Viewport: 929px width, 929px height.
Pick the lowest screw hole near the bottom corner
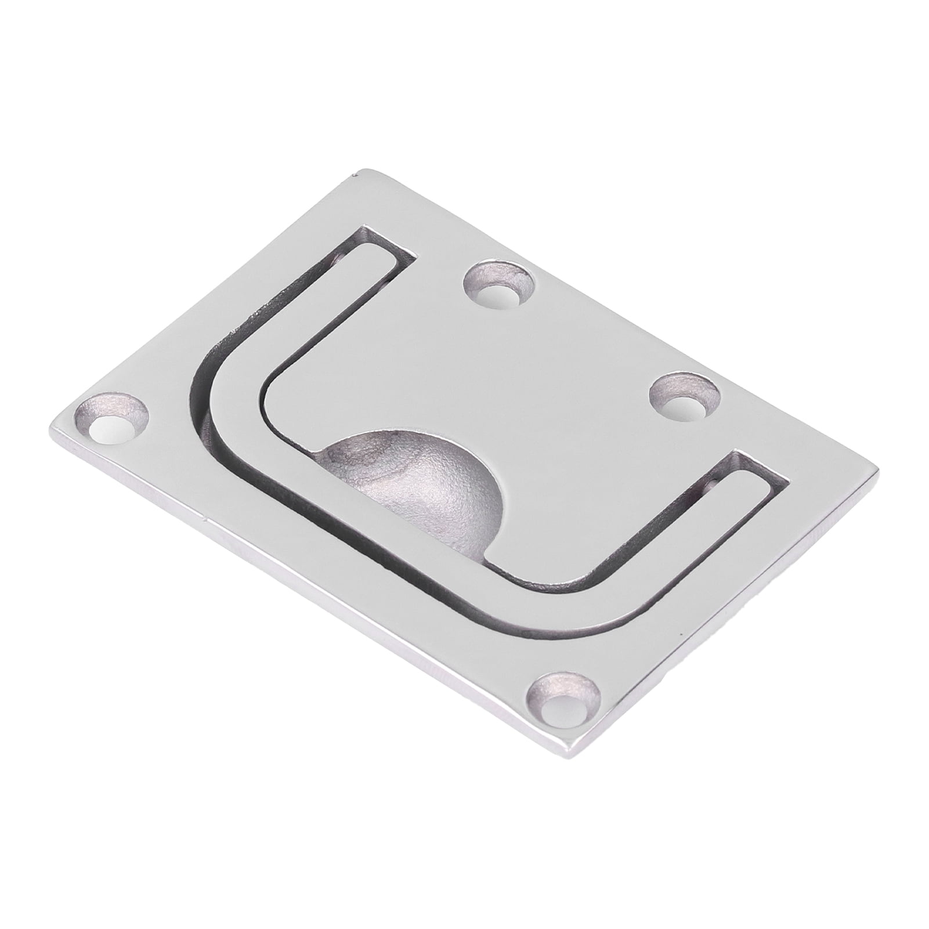(566, 704)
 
